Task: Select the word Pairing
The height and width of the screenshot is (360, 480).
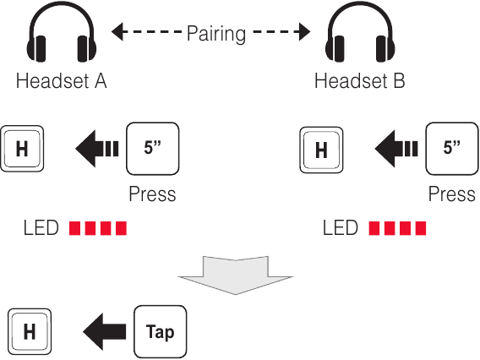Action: [x=216, y=34]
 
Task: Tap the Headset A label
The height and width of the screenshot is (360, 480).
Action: [x=61, y=81]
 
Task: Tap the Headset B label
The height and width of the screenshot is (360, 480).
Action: [x=360, y=81]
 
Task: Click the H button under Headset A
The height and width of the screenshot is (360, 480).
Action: [x=22, y=149]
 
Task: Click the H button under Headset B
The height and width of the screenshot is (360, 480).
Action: [x=321, y=150]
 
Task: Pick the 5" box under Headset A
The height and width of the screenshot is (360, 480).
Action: [x=153, y=149]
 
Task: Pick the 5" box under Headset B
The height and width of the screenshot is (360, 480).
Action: [x=452, y=149]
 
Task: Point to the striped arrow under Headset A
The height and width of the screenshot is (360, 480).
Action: [x=96, y=149]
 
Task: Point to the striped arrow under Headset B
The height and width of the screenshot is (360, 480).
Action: [x=396, y=149]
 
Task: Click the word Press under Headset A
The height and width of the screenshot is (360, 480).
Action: [x=152, y=194]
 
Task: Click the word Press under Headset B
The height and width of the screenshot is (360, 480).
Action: [x=452, y=194]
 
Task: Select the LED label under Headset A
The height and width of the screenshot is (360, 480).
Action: [x=41, y=228]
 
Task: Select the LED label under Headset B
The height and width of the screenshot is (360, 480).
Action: [x=341, y=228]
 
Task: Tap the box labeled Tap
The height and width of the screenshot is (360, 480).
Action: [x=160, y=332]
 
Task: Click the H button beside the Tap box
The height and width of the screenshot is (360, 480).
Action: [x=30, y=331]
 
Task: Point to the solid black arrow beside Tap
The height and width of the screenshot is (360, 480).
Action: [x=105, y=332]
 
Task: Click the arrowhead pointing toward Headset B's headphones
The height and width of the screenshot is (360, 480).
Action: [x=304, y=31]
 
